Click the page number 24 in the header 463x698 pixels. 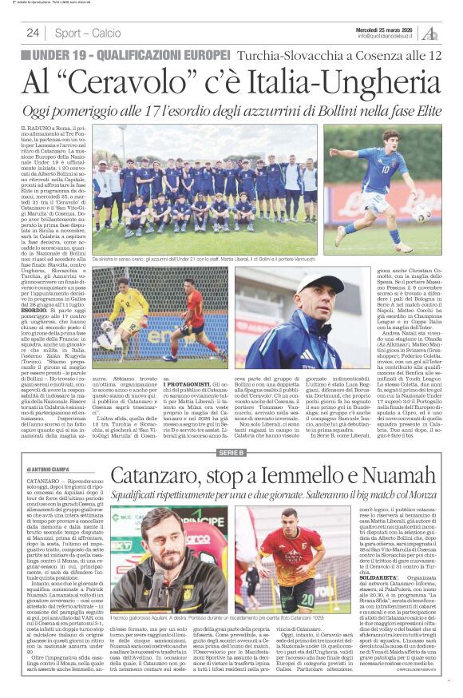tap(33, 33)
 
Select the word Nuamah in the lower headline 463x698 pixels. tap(394, 477)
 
